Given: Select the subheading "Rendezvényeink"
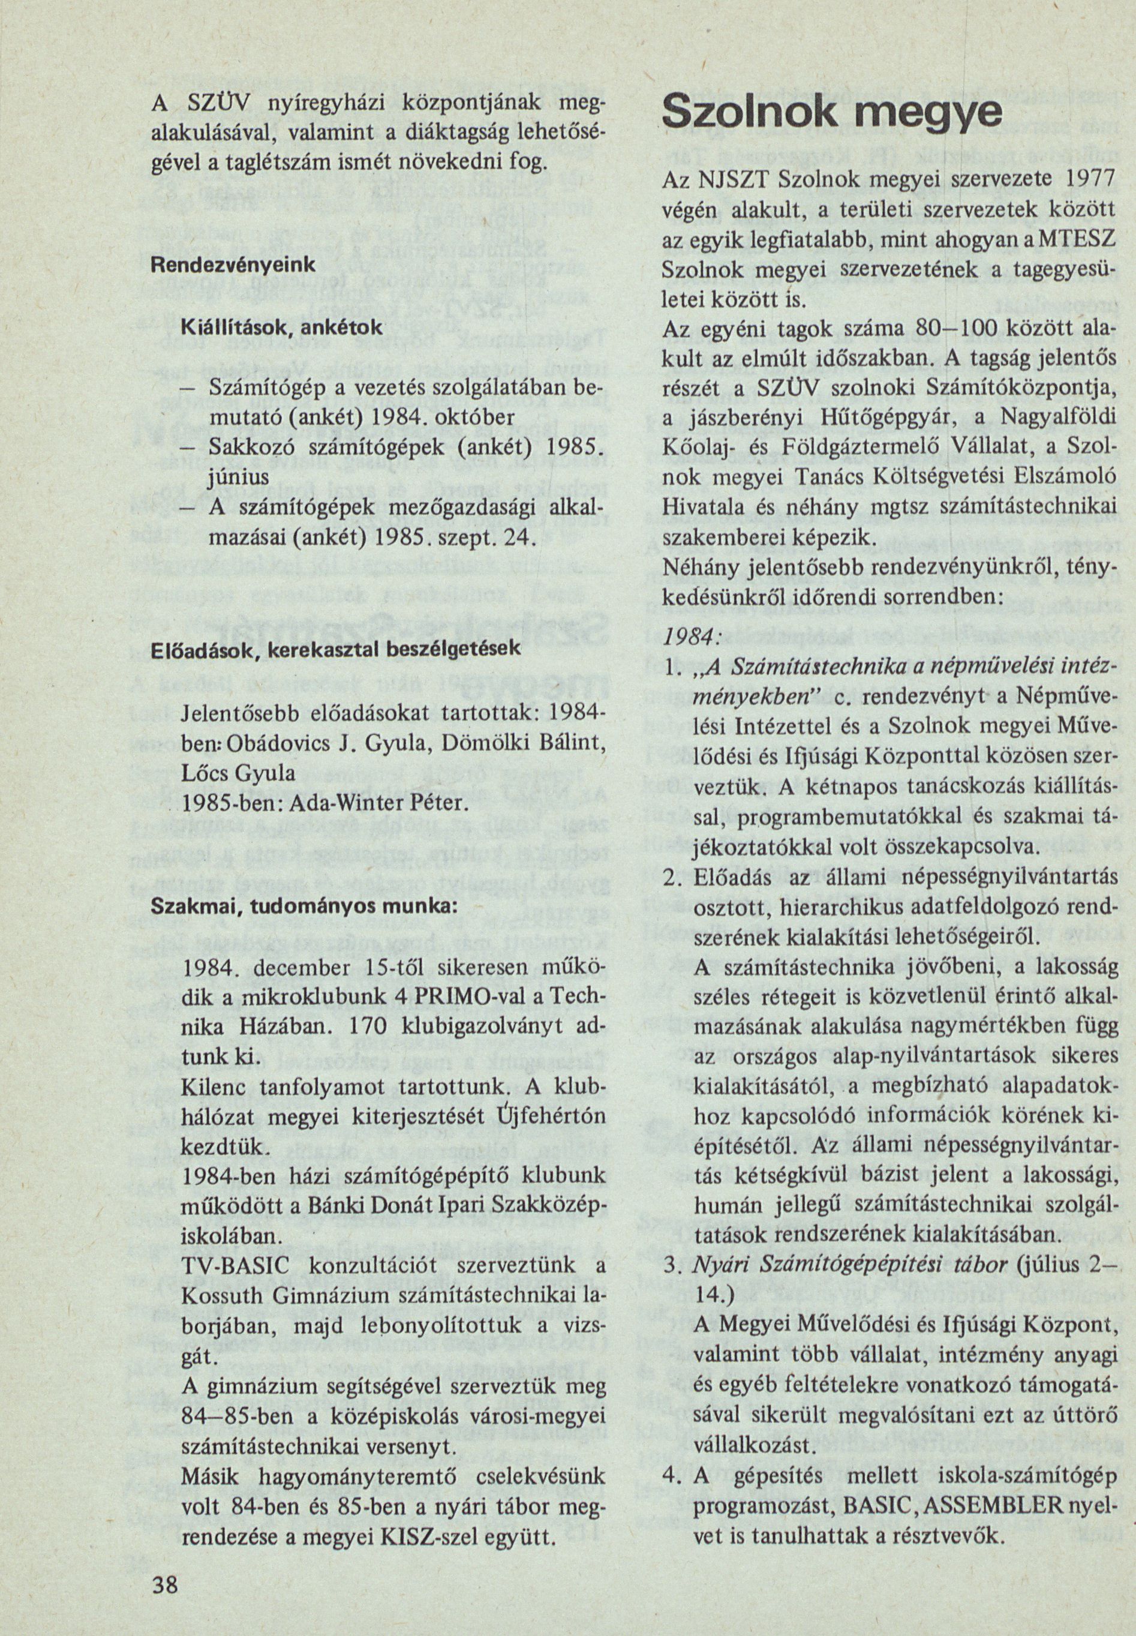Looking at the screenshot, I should pyautogui.click(x=233, y=263).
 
